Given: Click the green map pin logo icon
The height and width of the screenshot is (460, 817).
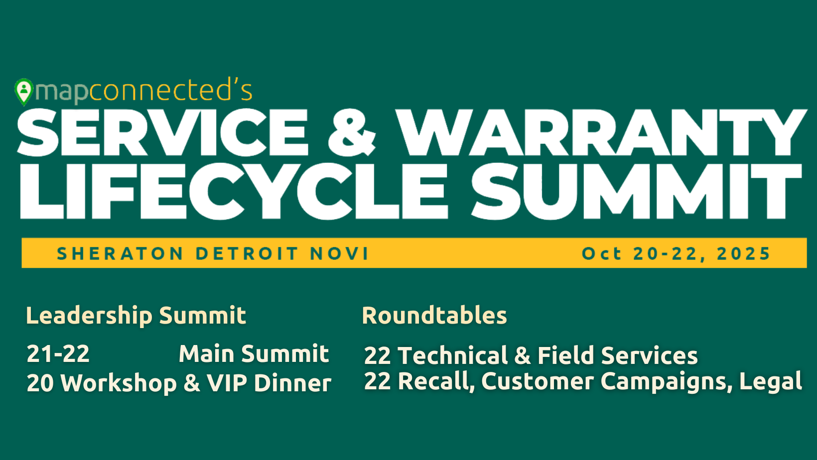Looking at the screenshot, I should [23, 92].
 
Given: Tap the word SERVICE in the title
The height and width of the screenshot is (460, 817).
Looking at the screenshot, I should [163, 133].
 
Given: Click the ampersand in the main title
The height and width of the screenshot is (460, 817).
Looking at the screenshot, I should [352, 133].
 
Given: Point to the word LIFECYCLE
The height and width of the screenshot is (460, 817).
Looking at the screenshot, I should [234, 192].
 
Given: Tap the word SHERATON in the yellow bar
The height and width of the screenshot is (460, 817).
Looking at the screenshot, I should [120, 254].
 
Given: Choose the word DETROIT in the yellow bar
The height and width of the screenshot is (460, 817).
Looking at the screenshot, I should [247, 254].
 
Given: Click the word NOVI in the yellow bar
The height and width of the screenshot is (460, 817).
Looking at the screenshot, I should [339, 254].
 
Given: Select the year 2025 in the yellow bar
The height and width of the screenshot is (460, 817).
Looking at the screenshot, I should [743, 254].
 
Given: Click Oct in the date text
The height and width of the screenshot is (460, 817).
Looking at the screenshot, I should [601, 254].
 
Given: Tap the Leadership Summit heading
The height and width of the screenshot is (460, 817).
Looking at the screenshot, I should [136, 316].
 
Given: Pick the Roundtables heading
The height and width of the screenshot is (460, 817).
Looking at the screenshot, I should [434, 316].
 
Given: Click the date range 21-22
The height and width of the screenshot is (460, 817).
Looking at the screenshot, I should [58, 354].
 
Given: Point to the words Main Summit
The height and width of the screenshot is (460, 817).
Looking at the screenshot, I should [254, 354].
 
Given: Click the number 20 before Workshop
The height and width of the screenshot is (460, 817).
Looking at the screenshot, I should [40, 383].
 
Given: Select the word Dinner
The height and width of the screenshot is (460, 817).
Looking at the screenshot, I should [292, 383].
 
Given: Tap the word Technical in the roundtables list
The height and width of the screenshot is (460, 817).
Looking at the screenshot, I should [453, 356].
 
